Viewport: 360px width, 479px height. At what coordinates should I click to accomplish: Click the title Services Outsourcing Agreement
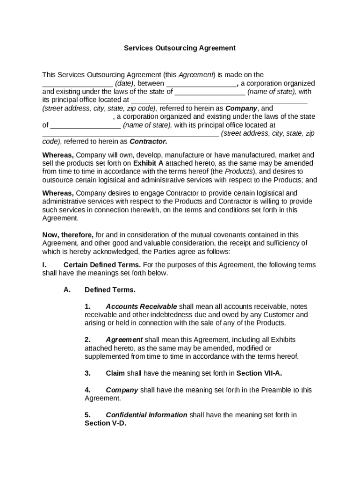click(x=180, y=48)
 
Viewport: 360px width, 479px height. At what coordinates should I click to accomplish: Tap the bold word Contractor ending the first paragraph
click(x=148, y=141)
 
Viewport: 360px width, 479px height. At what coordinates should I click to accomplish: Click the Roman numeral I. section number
click(x=44, y=265)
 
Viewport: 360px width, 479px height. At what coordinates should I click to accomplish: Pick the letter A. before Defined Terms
click(x=67, y=290)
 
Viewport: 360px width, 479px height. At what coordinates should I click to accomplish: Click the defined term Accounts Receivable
click(x=141, y=306)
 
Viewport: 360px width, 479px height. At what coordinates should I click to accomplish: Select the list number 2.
click(x=87, y=340)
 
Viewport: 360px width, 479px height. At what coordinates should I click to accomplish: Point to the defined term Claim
click(x=115, y=373)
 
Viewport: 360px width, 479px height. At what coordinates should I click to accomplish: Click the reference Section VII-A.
click(x=259, y=373)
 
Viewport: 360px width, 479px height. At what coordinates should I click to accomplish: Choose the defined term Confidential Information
click(x=146, y=415)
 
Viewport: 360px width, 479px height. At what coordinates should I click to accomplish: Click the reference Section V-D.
click(x=105, y=423)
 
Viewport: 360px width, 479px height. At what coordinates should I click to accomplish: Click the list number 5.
click(x=87, y=415)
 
